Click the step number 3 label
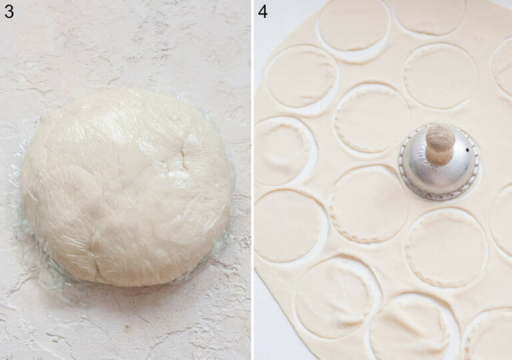coord(9,11)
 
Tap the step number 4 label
coord(263,11)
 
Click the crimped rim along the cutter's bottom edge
coord(438,193)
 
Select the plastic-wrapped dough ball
coord(126,187)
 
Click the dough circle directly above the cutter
coord(441,76)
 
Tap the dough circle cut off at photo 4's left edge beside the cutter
coord(283,151)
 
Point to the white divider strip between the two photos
coord(253,180)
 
